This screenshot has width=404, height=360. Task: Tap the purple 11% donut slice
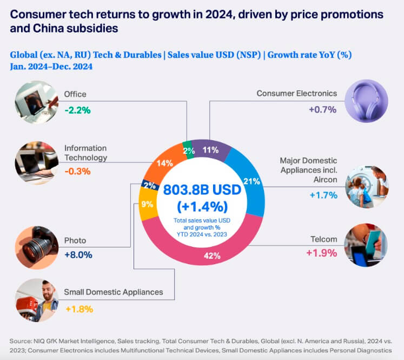211,149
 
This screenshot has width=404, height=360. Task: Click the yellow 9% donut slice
148,204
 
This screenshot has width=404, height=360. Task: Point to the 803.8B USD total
202,190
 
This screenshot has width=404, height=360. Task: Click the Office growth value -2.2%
77,110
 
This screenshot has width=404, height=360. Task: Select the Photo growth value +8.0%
78,255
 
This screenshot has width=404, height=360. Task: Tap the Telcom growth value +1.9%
322,253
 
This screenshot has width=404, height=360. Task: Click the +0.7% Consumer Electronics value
322,109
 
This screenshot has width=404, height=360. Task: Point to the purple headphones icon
366,101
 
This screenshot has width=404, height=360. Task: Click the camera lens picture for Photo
37,248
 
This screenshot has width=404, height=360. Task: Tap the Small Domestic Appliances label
114,292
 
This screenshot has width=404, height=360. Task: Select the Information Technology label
85,153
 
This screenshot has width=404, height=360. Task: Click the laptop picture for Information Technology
37,163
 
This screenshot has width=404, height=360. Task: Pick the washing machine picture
367,187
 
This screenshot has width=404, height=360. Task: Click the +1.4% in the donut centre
202,207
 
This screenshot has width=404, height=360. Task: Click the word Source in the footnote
21,341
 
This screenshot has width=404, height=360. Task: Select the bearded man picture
37,300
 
